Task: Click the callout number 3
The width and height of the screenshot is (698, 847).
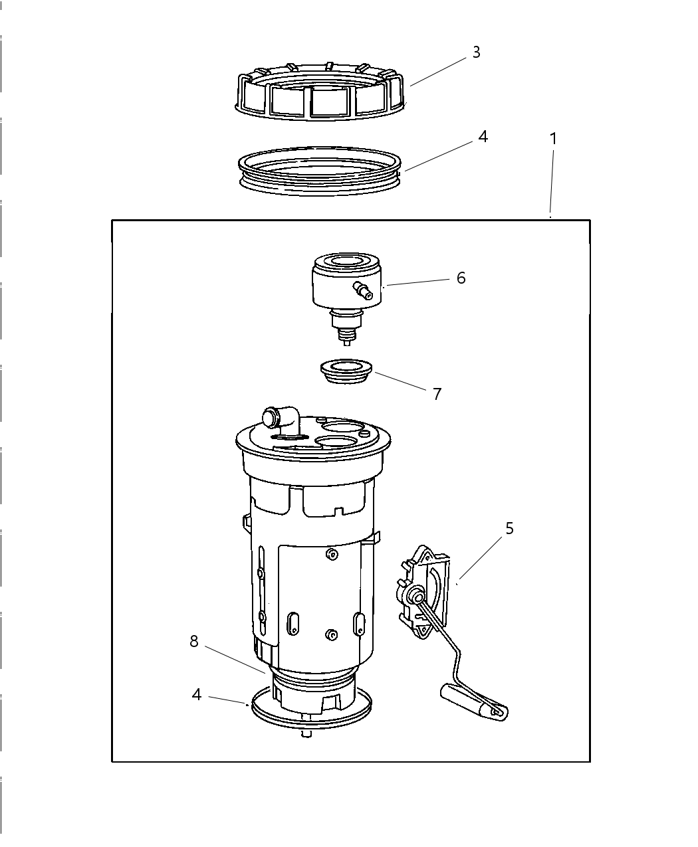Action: click(476, 52)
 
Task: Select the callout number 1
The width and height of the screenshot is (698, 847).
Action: click(552, 139)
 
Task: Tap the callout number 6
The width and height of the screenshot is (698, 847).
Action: click(461, 278)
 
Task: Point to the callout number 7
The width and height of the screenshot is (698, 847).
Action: click(437, 394)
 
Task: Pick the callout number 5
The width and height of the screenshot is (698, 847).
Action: click(509, 529)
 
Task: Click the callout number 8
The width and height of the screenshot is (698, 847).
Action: click(194, 642)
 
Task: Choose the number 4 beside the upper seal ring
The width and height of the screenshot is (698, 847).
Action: click(483, 137)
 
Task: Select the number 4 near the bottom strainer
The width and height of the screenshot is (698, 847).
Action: click(197, 695)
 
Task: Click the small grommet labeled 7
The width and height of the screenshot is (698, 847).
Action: click(345, 370)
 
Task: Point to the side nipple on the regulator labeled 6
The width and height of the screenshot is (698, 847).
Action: click(363, 290)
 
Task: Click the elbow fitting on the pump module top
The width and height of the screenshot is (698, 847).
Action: click(279, 419)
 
